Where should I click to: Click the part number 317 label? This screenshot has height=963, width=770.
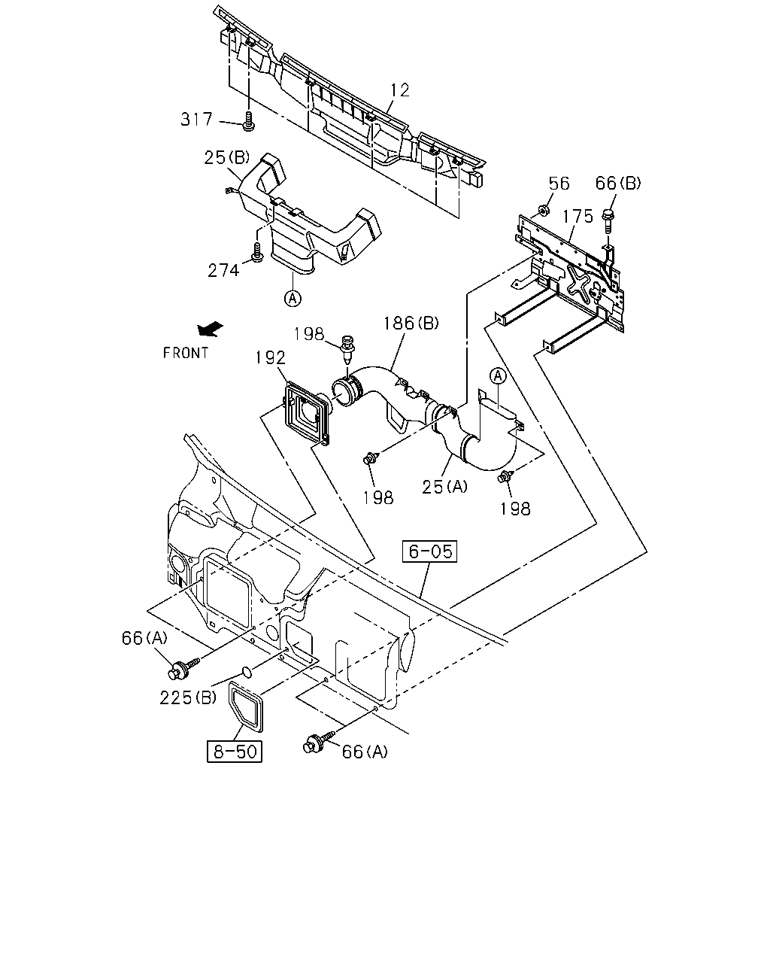click(x=196, y=119)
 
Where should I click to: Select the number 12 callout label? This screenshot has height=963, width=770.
click(x=400, y=90)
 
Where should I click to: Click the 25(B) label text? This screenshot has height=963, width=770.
click(x=227, y=157)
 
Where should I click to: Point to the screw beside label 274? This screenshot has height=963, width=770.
click(x=257, y=252)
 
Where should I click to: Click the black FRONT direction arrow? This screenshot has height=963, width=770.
click(x=210, y=330)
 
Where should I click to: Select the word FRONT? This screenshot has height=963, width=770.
click(x=186, y=353)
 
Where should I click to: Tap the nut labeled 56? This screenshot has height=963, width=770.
click(x=544, y=209)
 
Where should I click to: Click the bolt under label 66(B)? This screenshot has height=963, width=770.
click(x=608, y=220)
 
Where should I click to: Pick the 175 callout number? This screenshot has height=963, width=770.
click(x=577, y=216)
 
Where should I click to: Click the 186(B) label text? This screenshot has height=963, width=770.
click(x=411, y=323)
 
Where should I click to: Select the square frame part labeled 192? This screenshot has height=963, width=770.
click(x=308, y=412)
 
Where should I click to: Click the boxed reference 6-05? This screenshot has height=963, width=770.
click(x=430, y=551)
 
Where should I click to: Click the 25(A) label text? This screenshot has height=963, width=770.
click(x=444, y=487)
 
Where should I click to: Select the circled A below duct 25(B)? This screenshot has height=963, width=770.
click(x=293, y=298)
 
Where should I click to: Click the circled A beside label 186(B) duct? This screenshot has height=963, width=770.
click(x=498, y=376)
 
